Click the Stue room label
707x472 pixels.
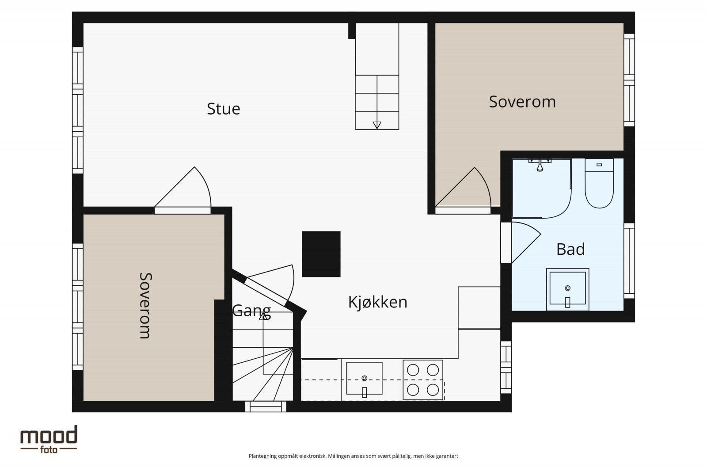224,109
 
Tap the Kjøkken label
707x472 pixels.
377,302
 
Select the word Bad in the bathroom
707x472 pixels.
570,249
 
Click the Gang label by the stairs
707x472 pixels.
251,311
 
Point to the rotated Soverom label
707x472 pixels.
145,306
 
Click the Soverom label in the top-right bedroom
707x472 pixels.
522,102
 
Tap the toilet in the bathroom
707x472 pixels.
599,184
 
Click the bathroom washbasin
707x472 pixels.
567,289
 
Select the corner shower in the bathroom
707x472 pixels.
542,188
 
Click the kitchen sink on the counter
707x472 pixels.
364,379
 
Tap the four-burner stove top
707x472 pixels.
422,380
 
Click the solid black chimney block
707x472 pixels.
321,254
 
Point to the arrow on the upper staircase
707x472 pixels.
377,125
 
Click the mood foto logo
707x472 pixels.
49,439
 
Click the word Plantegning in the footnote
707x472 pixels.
262,456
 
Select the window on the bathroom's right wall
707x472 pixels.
629,261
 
